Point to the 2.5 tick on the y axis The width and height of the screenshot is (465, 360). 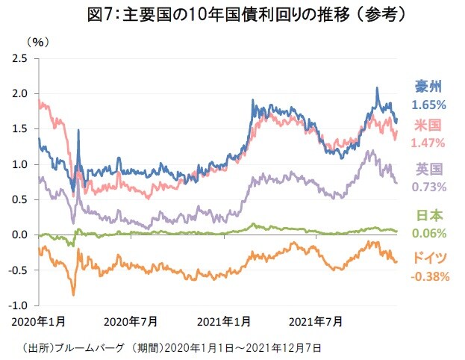[21, 58]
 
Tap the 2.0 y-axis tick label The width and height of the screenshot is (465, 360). [21, 93]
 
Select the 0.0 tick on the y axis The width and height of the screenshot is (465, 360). [21, 235]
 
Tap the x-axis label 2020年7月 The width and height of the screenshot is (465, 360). [131, 322]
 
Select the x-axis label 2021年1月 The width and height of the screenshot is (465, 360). [223, 322]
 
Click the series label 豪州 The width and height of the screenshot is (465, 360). [428, 87]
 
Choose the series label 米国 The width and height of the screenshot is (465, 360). [428, 125]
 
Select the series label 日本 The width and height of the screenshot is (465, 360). [428, 217]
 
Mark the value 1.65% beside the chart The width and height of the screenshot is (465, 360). [428, 105]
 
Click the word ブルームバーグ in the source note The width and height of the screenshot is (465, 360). [81, 347]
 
